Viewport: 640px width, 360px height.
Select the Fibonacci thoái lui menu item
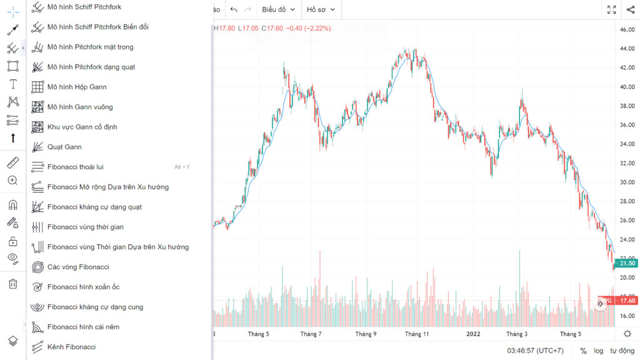click(x=75, y=167)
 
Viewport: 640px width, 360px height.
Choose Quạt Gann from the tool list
click(x=64, y=147)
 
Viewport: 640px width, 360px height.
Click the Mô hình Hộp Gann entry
click(x=77, y=87)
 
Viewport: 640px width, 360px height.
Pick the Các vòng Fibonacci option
click(x=78, y=267)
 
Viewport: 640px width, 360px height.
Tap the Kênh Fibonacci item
click(x=71, y=347)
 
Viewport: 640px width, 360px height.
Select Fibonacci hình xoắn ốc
click(x=83, y=287)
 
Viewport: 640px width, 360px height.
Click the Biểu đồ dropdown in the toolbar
click(x=278, y=9)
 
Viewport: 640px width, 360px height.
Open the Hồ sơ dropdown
click(x=321, y=9)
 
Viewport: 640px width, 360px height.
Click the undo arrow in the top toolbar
click(x=234, y=9)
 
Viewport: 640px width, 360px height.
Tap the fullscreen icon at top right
click(x=611, y=9)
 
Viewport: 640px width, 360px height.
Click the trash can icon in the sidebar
click(x=12, y=284)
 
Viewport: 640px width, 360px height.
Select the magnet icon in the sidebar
click(x=12, y=204)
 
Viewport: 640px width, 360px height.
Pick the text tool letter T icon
click(x=12, y=84)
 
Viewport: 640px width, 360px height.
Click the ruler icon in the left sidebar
click(x=12, y=163)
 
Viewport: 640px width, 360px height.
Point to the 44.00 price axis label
click(x=627, y=49)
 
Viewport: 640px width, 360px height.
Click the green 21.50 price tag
click(x=626, y=263)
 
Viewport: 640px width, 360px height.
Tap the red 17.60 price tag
click(x=626, y=301)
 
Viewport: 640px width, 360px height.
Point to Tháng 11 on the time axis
click(x=417, y=334)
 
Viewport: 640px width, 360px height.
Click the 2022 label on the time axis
click(x=473, y=334)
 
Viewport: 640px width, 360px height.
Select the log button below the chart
click(x=598, y=351)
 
